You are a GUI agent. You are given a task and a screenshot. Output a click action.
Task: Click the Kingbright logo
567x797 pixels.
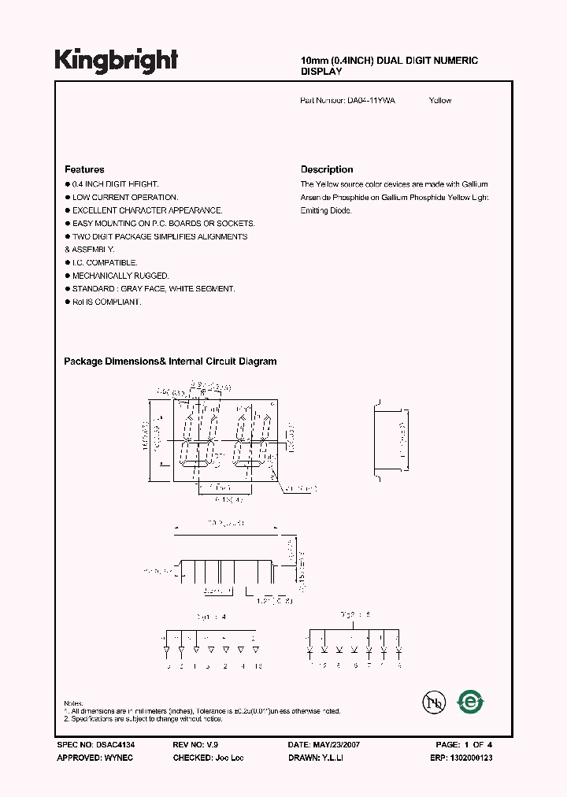[x=117, y=60]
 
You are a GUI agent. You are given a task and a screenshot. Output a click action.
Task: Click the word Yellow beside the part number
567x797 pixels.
[x=440, y=101]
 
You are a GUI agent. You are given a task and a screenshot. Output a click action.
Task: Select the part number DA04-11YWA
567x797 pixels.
[x=372, y=101]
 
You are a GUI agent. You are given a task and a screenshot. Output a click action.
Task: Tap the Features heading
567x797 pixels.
[x=84, y=169]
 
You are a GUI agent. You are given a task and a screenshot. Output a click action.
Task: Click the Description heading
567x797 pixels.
[x=327, y=169]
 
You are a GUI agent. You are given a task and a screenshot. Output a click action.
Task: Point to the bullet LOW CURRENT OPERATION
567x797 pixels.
[x=125, y=198]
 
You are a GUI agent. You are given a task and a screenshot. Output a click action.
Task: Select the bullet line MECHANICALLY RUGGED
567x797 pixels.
[x=120, y=276]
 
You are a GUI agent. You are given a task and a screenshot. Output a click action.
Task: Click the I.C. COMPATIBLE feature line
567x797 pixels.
[x=105, y=262]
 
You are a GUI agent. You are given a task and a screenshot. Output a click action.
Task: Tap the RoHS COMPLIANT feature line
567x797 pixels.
[x=106, y=302]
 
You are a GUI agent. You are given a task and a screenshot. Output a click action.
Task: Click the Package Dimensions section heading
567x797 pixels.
[x=170, y=361]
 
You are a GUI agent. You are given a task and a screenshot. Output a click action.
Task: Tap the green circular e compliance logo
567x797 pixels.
[x=472, y=701]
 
